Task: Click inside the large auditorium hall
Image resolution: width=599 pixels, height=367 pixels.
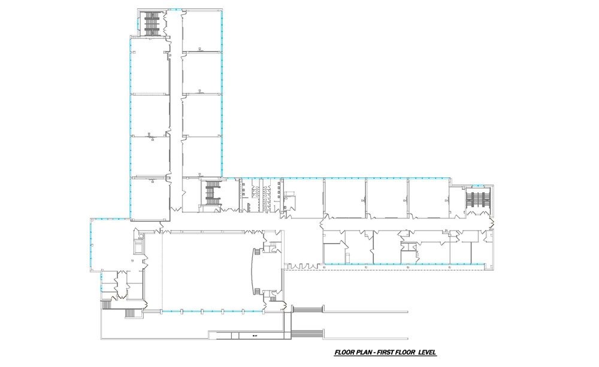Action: [x=204, y=269]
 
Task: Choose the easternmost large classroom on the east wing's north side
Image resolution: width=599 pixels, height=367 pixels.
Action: [x=428, y=198]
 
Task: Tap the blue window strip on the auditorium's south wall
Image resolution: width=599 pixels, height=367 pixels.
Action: [x=213, y=310]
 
